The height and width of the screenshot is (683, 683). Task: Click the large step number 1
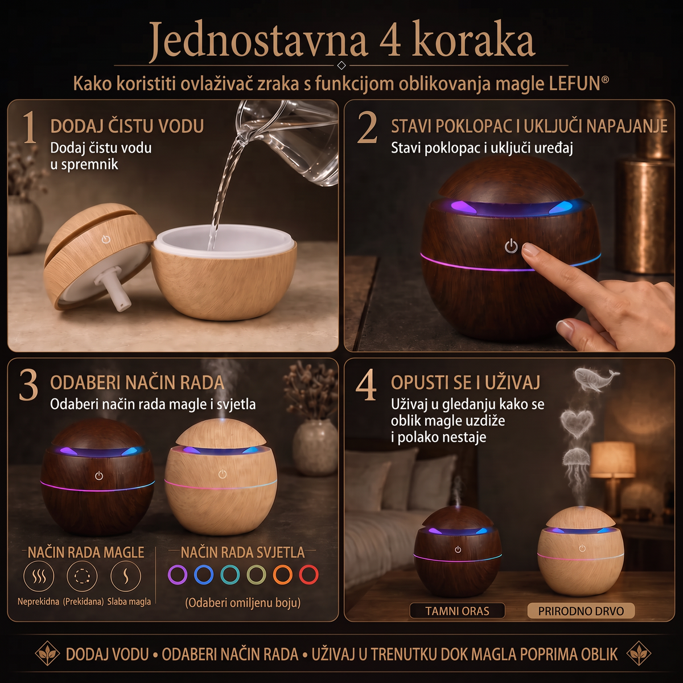pyautogui.click(x=30, y=127)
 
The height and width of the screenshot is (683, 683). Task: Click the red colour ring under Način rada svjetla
pyautogui.click(x=308, y=574)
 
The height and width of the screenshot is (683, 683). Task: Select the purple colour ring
pyautogui.click(x=177, y=574)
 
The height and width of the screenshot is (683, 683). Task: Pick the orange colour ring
pyautogui.click(x=282, y=574)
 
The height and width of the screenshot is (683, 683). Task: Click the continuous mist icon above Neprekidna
pyautogui.click(x=39, y=576)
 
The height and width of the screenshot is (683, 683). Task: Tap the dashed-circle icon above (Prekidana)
pyautogui.click(x=82, y=576)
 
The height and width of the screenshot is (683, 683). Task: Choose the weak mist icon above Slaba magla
pyautogui.click(x=126, y=576)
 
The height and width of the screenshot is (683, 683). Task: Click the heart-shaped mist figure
pyautogui.click(x=577, y=424)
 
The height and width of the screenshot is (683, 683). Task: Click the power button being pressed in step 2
pyautogui.click(x=511, y=246)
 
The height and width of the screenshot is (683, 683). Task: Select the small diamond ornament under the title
pyautogui.click(x=341, y=65)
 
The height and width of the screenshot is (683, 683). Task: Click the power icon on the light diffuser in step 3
pyautogui.click(x=222, y=474)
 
